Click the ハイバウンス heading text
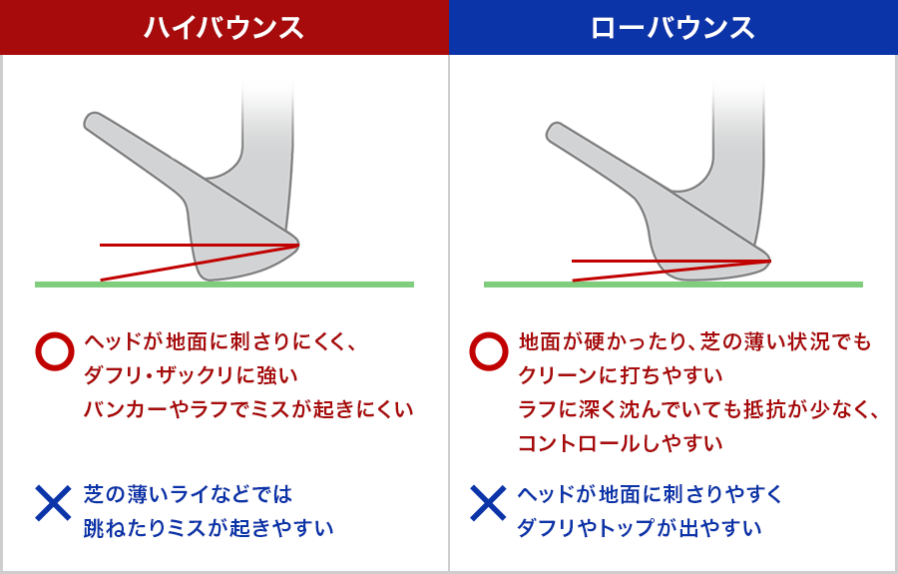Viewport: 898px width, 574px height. [224, 28]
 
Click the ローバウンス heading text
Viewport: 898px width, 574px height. [673, 28]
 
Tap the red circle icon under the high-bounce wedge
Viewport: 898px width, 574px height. [55, 350]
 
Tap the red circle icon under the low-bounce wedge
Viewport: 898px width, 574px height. [489, 350]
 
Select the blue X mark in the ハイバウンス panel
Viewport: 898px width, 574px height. [53, 503]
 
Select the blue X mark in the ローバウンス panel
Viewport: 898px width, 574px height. [488, 503]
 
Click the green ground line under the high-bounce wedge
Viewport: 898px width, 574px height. [224, 285]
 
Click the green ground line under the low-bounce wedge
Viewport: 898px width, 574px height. [673, 285]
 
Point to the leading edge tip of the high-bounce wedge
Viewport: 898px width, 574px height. [298, 245]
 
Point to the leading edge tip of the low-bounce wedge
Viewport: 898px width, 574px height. [770, 261]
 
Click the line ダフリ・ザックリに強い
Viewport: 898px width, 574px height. [191, 375]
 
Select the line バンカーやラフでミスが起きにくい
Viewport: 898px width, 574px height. [248, 409]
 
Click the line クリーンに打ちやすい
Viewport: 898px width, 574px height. [621, 375]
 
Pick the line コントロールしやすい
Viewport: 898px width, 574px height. [621, 443]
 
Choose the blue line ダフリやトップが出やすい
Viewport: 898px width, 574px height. [640, 528]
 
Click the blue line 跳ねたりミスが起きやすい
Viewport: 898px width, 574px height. [209, 528]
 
